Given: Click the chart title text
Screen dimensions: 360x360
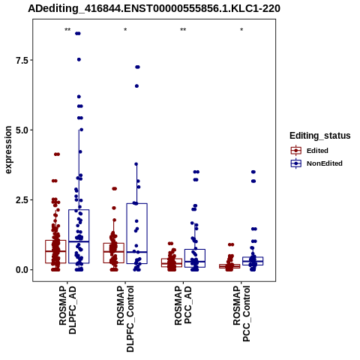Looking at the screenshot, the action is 154,9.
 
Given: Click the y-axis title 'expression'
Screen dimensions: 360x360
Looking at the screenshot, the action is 8,150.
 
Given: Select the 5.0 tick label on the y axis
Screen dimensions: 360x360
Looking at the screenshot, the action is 22,130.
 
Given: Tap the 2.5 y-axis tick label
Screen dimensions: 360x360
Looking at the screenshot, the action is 22,200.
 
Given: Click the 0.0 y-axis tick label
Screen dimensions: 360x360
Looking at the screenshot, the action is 22,270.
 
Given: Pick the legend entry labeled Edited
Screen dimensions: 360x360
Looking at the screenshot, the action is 317,151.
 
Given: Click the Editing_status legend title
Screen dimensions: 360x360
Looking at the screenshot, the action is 320,136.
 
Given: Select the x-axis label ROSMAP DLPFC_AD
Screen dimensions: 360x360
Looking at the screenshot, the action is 67,310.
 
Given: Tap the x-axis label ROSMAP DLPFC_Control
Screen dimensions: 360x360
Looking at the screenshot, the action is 125,319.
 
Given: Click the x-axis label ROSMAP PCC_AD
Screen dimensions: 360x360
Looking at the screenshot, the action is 183,305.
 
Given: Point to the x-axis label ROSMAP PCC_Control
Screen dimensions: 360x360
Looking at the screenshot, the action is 241,313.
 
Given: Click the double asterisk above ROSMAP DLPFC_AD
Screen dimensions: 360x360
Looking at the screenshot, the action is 67,30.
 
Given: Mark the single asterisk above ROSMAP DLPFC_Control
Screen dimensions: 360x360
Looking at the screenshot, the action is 125,30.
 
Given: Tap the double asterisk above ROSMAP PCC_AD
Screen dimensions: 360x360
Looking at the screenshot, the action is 183,30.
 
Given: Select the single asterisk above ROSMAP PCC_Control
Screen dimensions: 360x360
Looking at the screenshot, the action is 241,30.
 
